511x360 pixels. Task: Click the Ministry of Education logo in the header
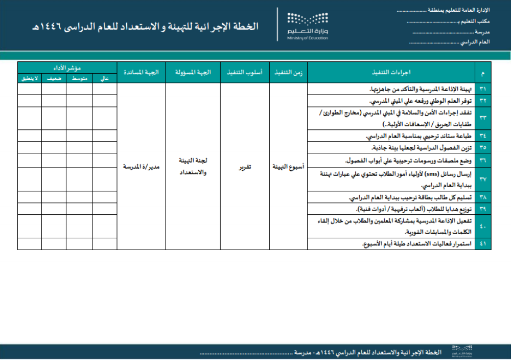click(x=307, y=25)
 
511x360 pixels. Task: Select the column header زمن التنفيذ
click(x=288, y=73)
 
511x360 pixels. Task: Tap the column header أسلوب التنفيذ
click(x=245, y=73)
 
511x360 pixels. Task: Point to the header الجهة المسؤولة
click(x=193, y=73)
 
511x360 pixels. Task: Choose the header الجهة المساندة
click(x=141, y=73)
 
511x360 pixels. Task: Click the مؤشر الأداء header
click(x=67, y=67)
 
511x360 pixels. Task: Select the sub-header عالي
click(x=105, y=79)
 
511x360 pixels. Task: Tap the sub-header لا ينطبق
click(x=30, y=79)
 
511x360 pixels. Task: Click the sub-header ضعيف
click(x=54, y=79)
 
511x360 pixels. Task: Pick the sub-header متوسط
click(x=79, y=79)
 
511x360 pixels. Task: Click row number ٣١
click(x=483, y=89)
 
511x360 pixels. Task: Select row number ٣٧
click(x=483, y=179)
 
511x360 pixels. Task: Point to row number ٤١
click(x=483, y=244)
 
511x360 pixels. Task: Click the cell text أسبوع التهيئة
click(x=288, y=167)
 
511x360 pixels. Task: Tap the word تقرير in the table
click(x=245, y=167)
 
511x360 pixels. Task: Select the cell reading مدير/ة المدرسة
click(x=141, y=167)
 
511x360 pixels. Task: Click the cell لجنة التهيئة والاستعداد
click(x=193, y=167)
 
